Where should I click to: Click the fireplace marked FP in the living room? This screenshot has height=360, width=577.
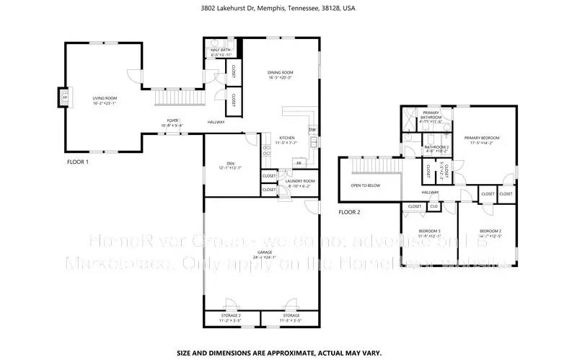click(x=63, y=97)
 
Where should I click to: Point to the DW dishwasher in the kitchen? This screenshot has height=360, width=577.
click(x=312, y=130)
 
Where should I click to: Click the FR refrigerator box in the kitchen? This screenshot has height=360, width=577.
click(x=298, y=163)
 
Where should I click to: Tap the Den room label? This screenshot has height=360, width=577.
click(x=231, y=164)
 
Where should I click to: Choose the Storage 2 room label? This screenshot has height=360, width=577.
click(x=230, y=315)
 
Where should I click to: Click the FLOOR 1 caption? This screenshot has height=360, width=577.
click(x=77, y=162)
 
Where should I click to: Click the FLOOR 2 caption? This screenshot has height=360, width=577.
click(x=350, y=212)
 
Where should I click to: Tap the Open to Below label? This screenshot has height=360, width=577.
click(x=366, y=185)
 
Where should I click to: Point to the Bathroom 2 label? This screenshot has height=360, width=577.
click(x=436, y=147)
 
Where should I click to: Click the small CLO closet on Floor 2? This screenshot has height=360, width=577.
click(x=434, y=206)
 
